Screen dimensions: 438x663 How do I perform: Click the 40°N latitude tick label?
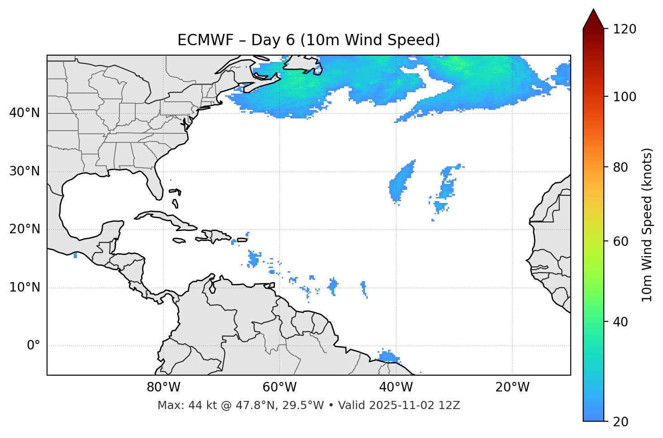click(x=24, y=113)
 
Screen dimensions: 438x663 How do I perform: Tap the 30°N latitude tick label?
click(x=24, y=171)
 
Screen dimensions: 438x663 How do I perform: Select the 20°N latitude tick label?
click(x=24, y=229)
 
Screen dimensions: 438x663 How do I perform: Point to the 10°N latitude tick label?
click(x=24, y=287)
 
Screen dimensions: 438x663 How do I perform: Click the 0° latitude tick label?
click(x=33, y=346)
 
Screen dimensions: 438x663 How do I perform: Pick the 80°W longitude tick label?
click(x=163, y=387)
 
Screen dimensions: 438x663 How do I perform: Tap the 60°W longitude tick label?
click(x=279, y=387)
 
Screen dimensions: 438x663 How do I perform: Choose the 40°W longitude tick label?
click(x=396, y=387)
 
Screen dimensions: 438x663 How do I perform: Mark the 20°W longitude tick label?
click(x=512, y=387)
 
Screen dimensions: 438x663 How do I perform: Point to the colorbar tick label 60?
click(x=620, y=241)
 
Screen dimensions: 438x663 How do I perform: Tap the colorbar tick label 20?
click(x=620, y=422)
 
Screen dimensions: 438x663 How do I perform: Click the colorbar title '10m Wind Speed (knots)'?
click(x=647, y=225)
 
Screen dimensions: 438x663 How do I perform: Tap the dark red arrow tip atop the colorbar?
click(x=593, y=18)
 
